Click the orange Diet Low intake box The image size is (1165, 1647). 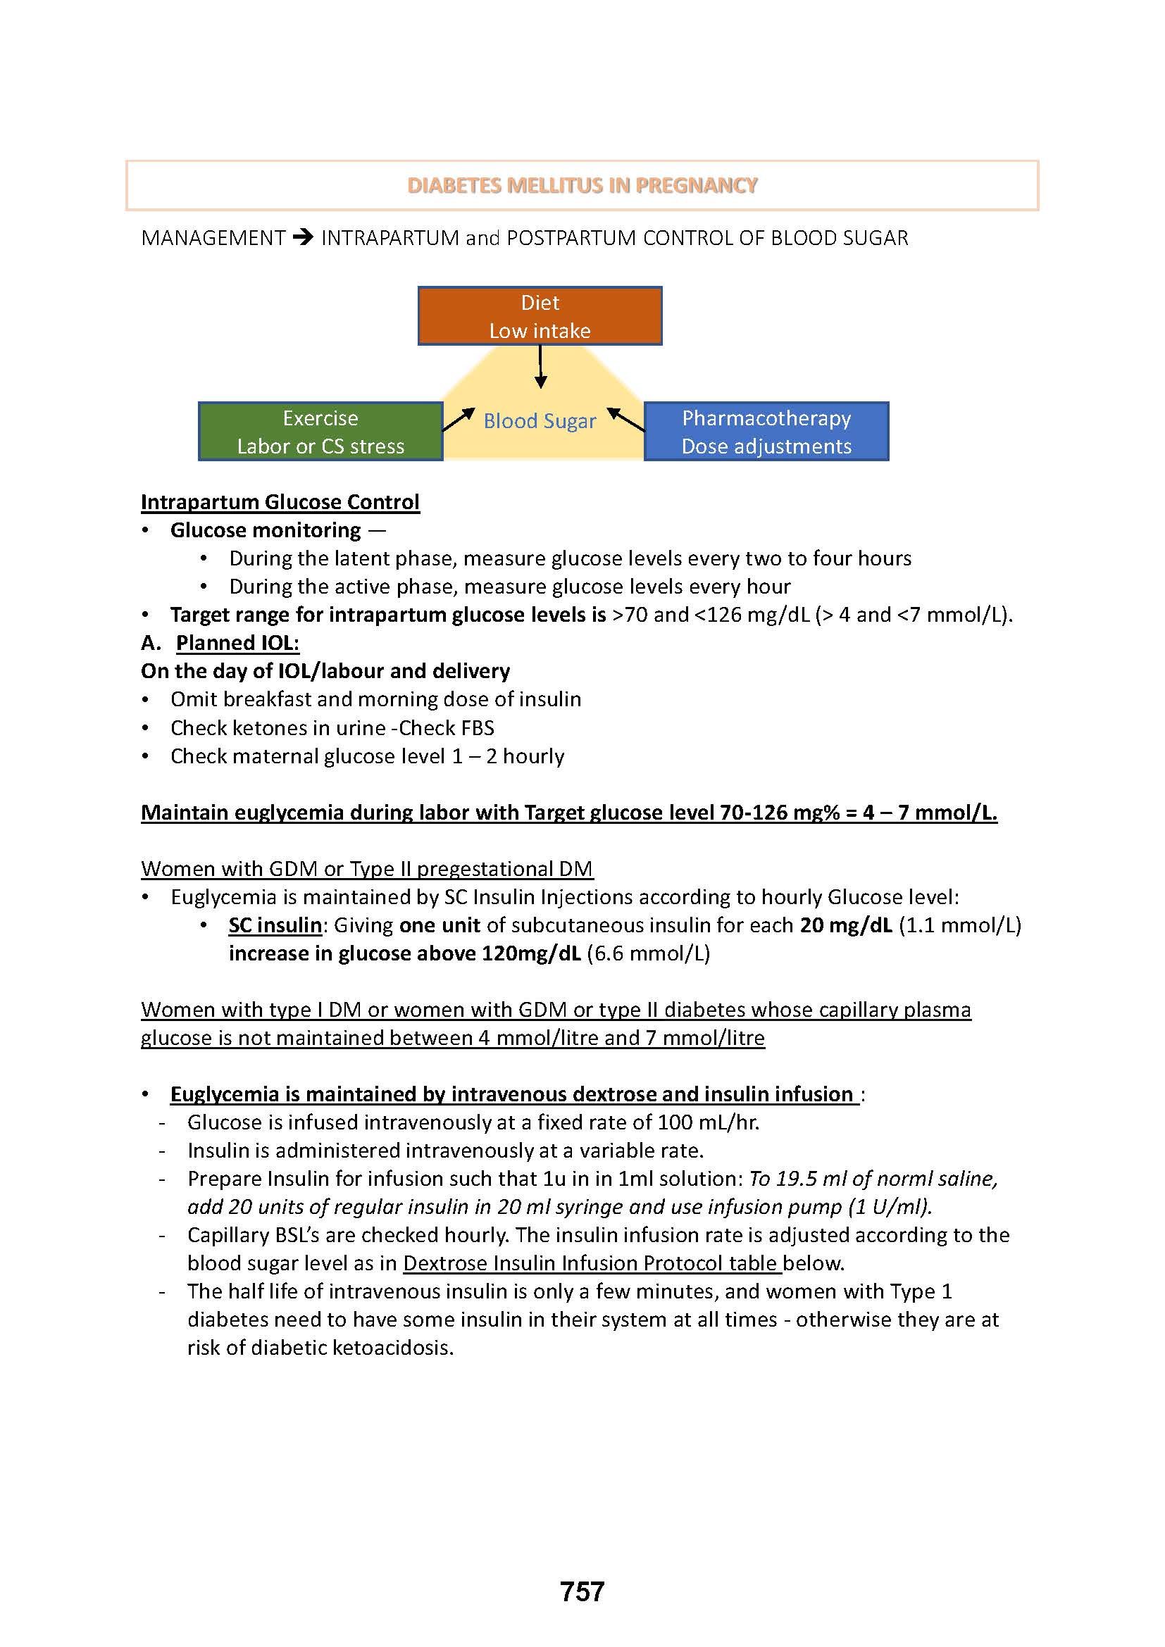540,316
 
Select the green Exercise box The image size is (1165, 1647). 320,432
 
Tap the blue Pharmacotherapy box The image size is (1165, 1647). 766,432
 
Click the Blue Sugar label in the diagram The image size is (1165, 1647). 540,421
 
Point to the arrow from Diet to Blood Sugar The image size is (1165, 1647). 541,367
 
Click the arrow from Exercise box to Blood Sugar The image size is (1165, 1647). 459,420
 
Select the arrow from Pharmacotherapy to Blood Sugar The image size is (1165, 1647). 625,419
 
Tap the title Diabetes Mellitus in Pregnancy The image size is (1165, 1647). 582,186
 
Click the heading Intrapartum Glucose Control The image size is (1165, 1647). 280,502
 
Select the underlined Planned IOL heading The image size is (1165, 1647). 237,643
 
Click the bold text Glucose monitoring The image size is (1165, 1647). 266,530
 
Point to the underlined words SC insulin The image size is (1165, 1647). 275,925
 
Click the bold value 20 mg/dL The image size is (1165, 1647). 846,925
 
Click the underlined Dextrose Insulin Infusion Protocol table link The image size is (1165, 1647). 591,1263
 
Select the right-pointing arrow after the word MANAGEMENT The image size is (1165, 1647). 304,237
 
